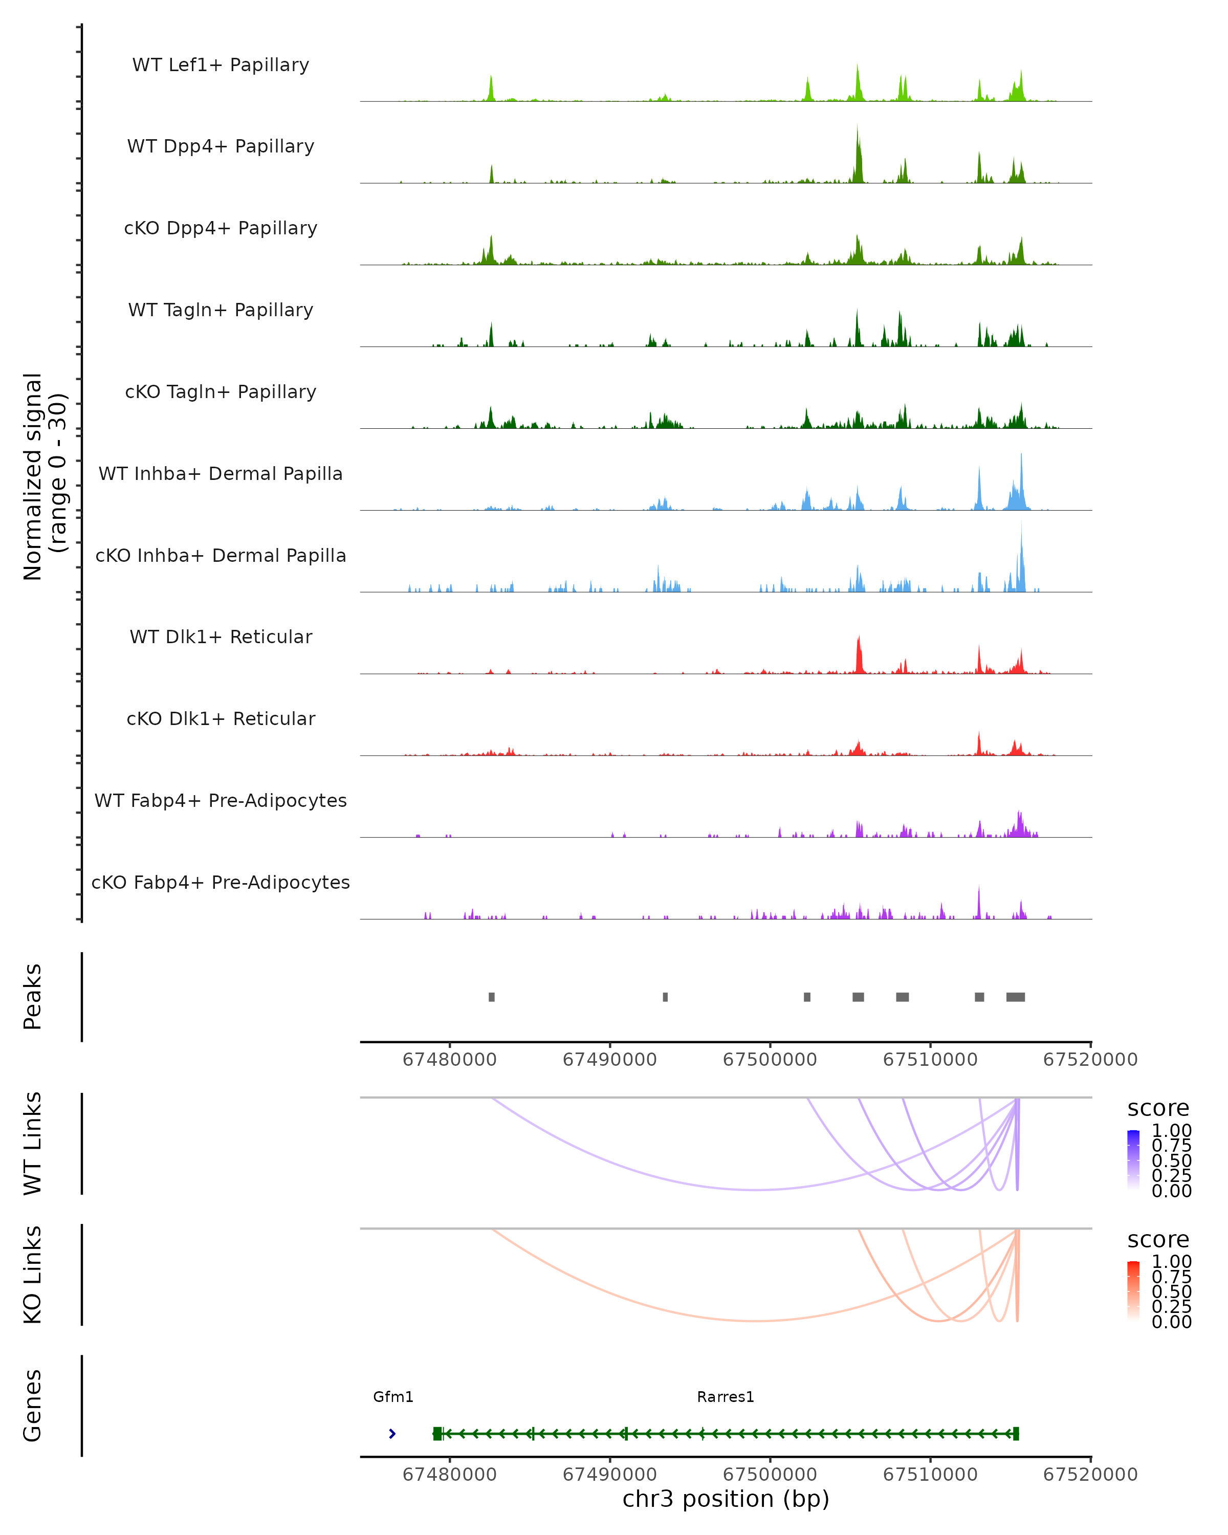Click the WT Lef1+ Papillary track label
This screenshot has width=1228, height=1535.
pyautogui.click(x=221, y=65)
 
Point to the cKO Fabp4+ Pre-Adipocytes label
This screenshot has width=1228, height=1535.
pyautogui.click(x=221, y=882)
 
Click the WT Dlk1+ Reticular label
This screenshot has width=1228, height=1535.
pyautogui.click(x=221, y=637)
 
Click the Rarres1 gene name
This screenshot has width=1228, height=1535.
pyautogui.click(x=726, y=1397)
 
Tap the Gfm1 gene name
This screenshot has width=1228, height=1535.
pyautogui.click(x=393, y=1397)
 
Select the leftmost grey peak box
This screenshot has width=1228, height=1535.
pyautogui.click(x=492, y=997)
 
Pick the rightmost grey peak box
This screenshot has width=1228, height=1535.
pyautogui.click(x=1015, y=997)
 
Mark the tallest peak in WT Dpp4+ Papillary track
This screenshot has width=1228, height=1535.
pyautogui.click(x=858, y=128)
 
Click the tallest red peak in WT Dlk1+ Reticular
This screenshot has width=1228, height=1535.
pyautogui.click(x=859, y=638)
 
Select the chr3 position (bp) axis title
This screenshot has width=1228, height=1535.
pyautogui.click(x=726, y=1499)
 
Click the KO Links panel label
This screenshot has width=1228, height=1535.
pyautogui.click(x=33, y=1275)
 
